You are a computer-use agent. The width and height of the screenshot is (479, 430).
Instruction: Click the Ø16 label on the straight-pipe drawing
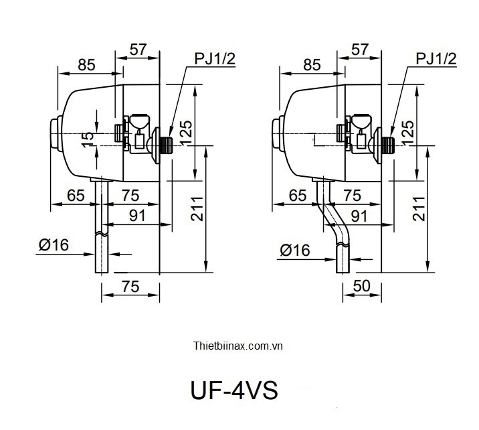[54, 245]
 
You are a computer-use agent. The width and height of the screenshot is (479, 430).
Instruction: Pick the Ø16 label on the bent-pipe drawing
[294, 250]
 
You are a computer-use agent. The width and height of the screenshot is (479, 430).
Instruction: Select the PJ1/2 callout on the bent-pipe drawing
[436, 60]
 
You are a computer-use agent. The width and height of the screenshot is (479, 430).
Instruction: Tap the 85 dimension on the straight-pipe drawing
[86, 64]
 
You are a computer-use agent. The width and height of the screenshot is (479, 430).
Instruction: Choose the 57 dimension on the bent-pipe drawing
[360, 49]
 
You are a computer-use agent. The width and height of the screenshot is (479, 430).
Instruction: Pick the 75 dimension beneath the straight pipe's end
[130, 286]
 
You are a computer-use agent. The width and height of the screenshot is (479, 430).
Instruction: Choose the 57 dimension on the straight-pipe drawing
[137, 49]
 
